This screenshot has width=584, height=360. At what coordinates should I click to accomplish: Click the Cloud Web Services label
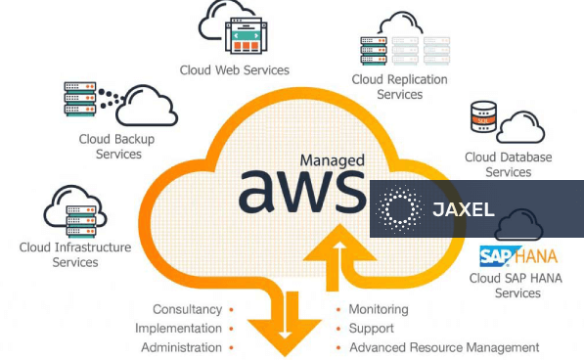[234, 69]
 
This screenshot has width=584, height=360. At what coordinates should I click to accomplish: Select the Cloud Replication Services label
[399, 87]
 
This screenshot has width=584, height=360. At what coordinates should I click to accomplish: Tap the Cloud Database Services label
[508, 164]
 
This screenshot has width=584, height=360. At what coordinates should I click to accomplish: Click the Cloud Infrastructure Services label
[75, 254]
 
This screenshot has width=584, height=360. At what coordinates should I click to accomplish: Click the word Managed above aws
[333, 159]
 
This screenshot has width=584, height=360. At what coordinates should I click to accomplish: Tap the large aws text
[298, 190]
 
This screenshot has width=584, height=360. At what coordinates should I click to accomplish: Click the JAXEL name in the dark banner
[463, 209]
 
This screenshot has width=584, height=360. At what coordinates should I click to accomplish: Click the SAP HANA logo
[517, 257]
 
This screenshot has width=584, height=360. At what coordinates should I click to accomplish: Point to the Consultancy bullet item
[187, 309]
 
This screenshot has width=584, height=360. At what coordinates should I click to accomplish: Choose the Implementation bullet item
[178, 329]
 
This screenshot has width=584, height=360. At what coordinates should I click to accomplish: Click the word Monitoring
[378, 309]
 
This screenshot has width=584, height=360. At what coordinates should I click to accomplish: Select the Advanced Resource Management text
[443, 347]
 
